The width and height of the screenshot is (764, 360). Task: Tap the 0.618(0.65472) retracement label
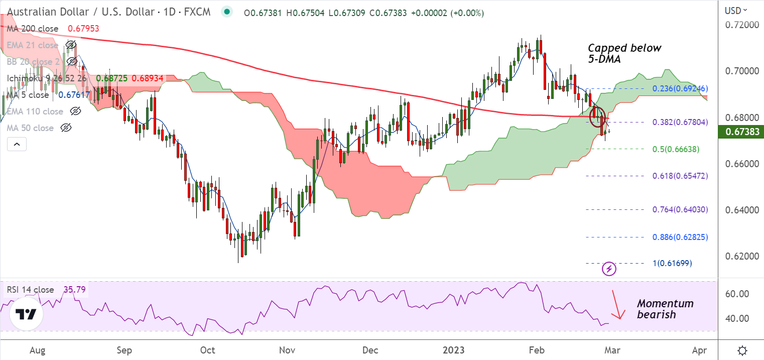680,176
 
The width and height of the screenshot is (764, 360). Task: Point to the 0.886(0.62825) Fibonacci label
680,236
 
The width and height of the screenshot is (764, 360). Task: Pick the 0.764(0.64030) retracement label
680,209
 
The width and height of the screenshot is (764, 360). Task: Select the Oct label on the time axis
207,350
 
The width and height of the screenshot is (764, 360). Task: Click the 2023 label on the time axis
453,350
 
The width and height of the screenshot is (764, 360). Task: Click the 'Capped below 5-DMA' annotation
624,53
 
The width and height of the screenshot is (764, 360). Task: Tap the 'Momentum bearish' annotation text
665,309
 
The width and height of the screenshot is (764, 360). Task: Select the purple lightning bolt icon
609,269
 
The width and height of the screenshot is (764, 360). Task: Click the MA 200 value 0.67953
83,29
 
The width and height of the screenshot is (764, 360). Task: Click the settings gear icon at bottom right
742,350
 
